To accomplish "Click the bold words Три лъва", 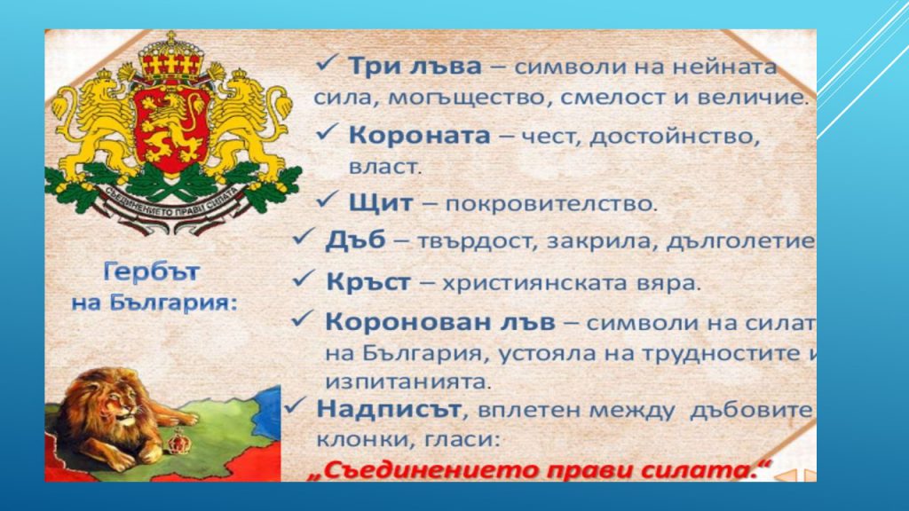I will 414,67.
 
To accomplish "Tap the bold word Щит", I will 381,203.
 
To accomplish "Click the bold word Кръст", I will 368,282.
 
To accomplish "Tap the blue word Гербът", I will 152,270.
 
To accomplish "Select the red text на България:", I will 154,302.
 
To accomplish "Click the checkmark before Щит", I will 328,202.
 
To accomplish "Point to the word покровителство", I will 551,204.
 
